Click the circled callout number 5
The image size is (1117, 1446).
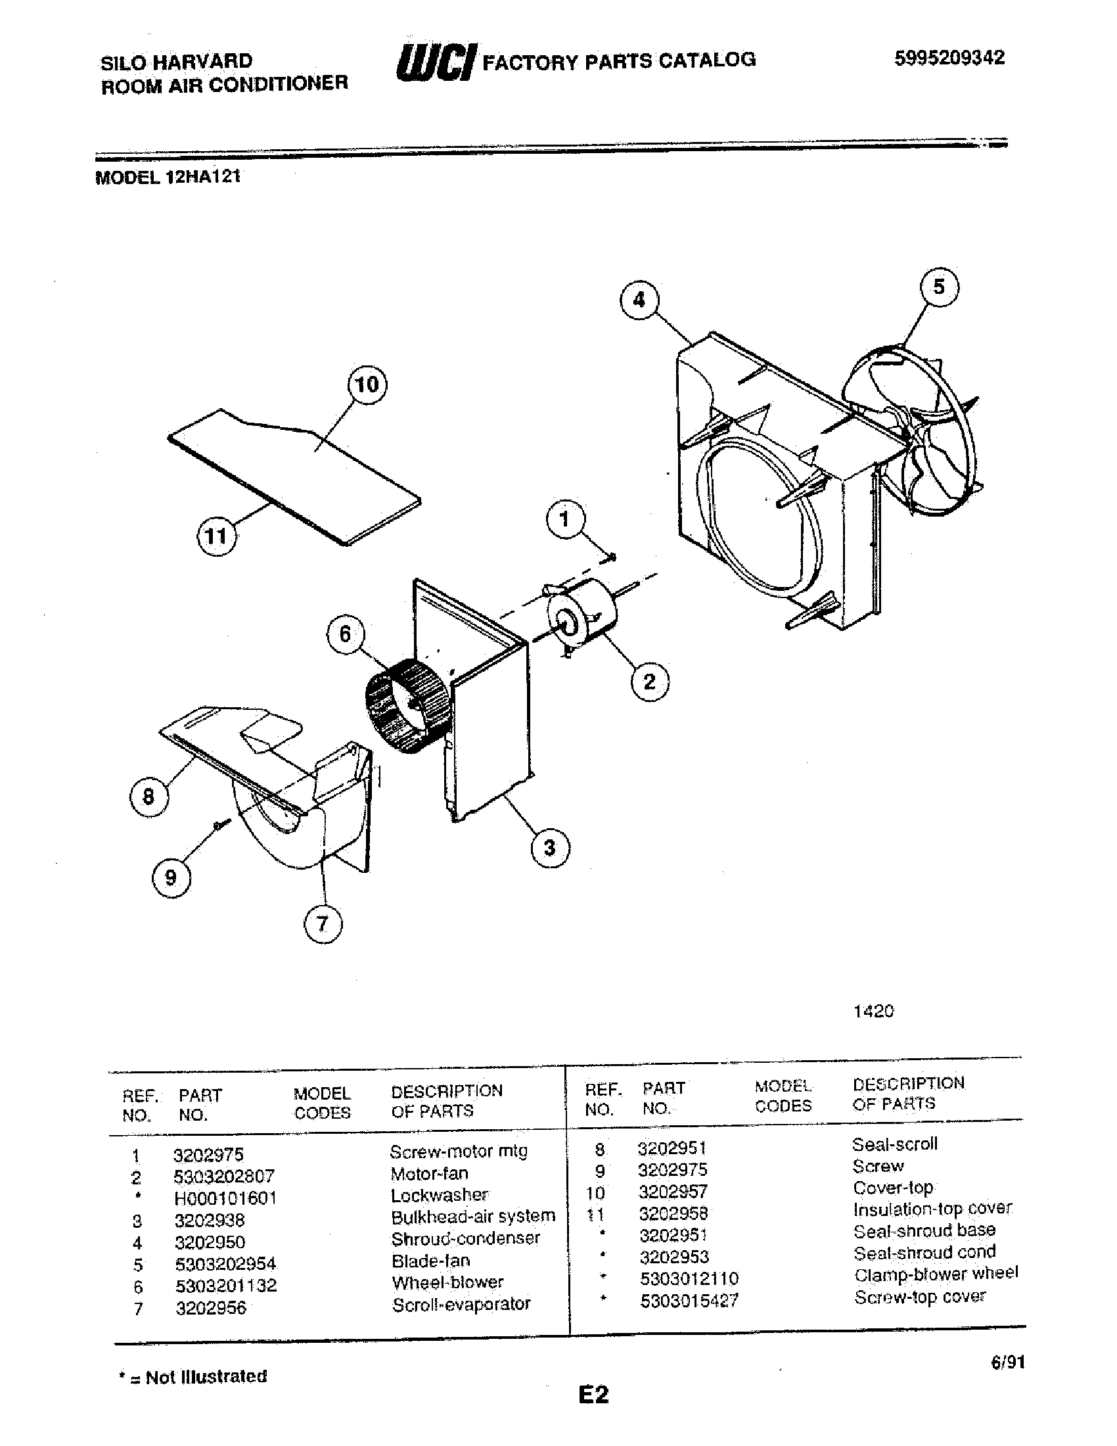pos(939,287)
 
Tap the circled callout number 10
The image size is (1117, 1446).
pos(367,384)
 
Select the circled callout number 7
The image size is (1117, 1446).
pos(323,923)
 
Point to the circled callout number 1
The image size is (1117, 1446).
pos(564,520)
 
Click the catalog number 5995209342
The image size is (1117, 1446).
pos(949,58)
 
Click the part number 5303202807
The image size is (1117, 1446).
pos(223,1177)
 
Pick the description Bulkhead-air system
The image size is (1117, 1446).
pos(472,1217)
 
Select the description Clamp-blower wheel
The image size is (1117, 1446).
pos(936,1274)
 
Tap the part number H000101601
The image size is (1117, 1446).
pos(225,1198)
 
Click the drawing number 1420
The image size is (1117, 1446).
pos(873,1011)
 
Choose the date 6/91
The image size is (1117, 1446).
pos(1007,1362)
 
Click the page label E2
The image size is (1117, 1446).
pos(593,1395)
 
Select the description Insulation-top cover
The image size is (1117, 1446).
pos(932,1209)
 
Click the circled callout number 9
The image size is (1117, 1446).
pos(171,877)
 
